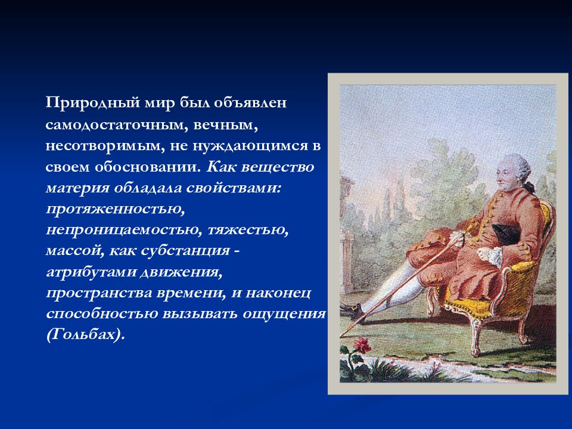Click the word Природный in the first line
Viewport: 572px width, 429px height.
[93, 103]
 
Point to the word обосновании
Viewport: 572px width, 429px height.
[148, 167]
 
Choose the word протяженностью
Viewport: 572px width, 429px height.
[115, 209]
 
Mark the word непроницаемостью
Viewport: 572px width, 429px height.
[124, 230]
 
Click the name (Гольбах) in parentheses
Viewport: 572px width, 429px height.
[86, 335]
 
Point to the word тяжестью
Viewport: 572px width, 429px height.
[248, 230]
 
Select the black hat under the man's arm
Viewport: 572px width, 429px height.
[506, 234]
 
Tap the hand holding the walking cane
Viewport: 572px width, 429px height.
[457, 238]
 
